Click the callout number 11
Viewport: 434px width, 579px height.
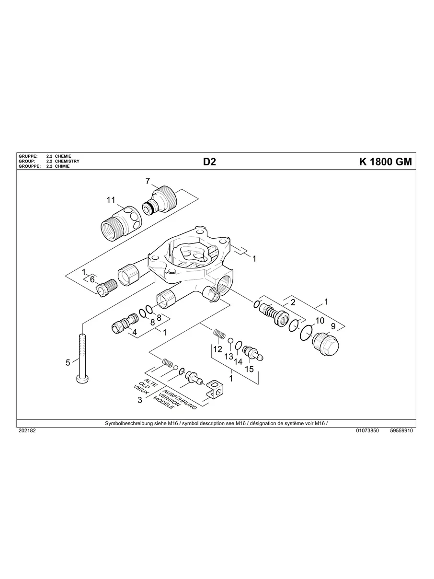111,199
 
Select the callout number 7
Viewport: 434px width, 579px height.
148,181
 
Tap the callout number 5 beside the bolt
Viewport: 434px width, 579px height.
68,362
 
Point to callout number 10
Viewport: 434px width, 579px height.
320,320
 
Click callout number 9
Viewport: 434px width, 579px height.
333,326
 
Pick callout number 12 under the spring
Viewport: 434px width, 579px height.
218,349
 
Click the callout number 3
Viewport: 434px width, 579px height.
140,400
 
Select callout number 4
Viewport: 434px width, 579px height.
135,332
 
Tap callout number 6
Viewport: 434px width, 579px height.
92,279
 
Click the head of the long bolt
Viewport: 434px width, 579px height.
83,380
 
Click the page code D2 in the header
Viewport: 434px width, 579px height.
209,162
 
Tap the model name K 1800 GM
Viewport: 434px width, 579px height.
385,162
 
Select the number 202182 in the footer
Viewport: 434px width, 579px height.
27,431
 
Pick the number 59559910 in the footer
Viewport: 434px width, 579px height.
401,431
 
